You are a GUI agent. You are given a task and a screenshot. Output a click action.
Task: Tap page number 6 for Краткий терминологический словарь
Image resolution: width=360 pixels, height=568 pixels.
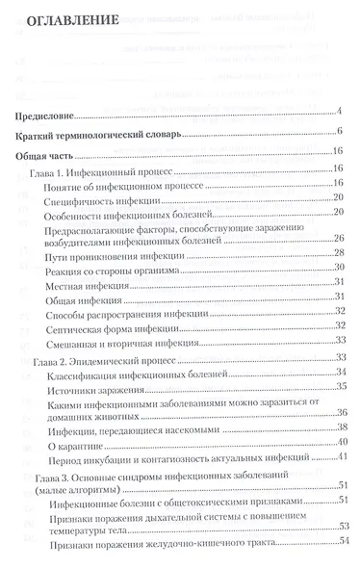[341, 133]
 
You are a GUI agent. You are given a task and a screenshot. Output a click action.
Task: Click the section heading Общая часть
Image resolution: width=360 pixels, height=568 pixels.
[47, 154]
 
